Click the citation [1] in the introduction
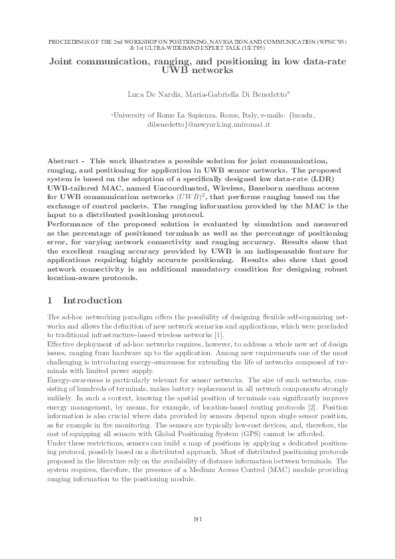[x=227, y=337]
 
